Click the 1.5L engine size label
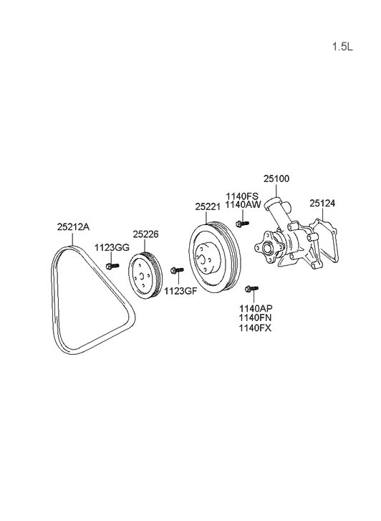[342, 47]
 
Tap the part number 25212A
[73, 227]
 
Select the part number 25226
[146, 234]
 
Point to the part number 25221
[208, 206]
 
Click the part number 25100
[276, 178]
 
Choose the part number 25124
[322, 204]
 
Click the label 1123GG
[112, 247]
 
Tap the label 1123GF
[180, 291]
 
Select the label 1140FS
[242, 196]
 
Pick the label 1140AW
[243, 204]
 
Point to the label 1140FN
[255, 317]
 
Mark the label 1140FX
[255, 328]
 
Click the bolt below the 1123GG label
[112, 265]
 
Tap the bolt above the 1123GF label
[177, 270]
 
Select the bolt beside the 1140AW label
[243, 224]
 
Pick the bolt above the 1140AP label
[251, 289]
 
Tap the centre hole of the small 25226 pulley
[142, 275]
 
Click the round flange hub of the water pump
[266, 248]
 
